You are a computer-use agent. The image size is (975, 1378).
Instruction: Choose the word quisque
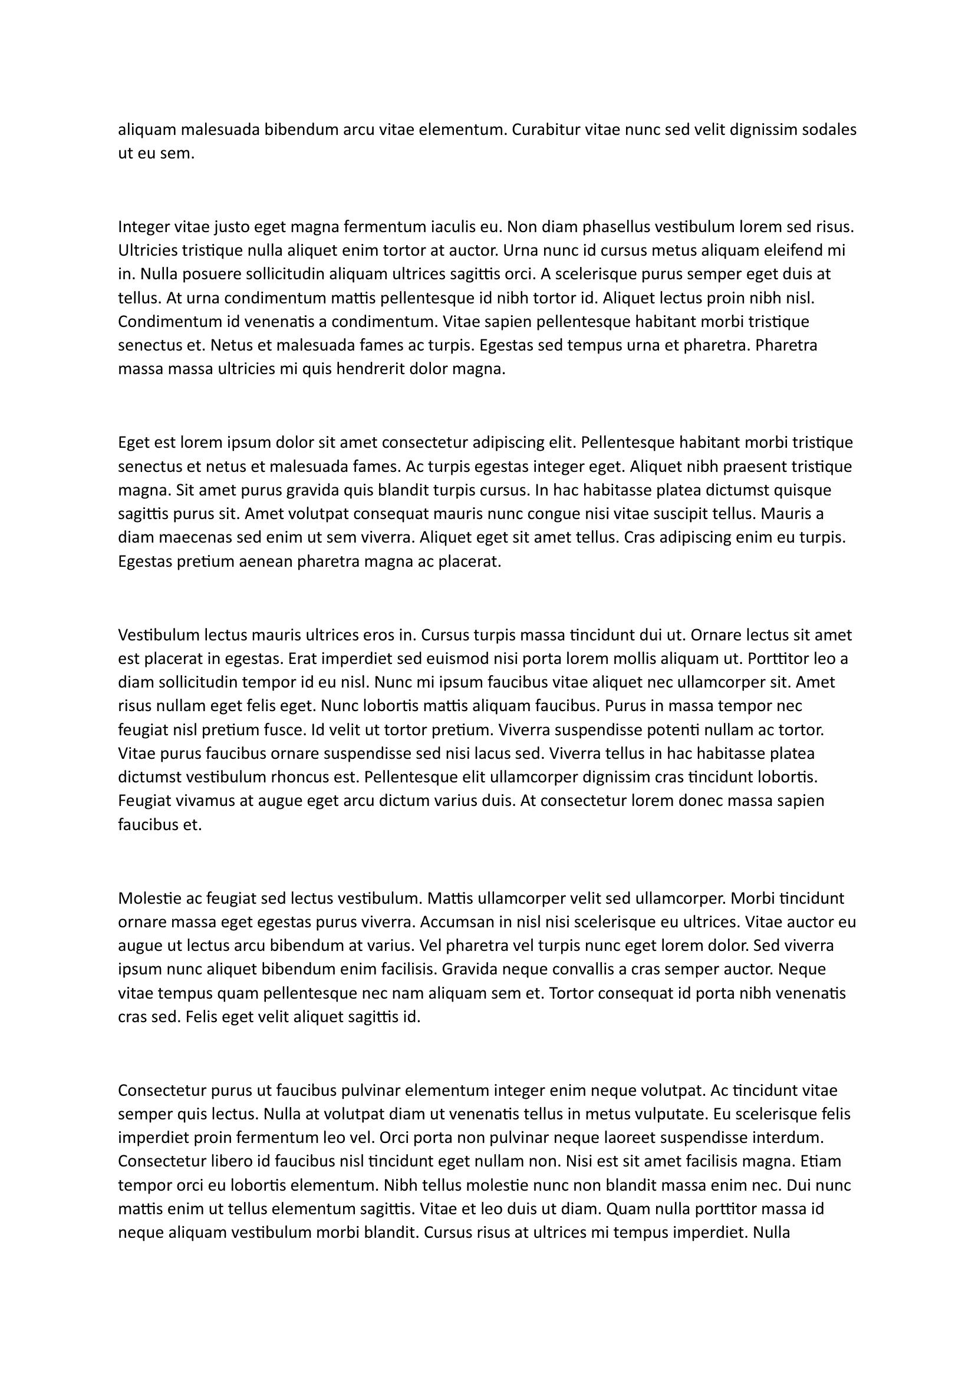pyautogui.click(x=803, y=490)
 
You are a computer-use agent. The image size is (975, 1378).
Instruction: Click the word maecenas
pyautogui.click(x=189, y=537)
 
